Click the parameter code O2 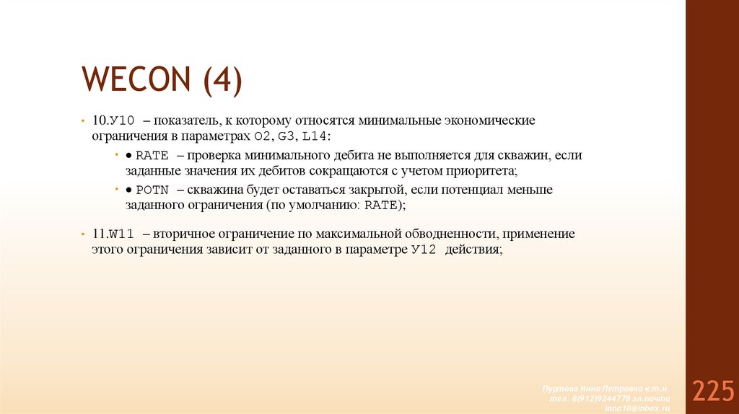[x=263, y=136]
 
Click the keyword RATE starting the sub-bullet [x=151, y=155]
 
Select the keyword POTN [x=151, y=190]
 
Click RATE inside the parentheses [x=380, y=206]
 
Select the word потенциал [x=468, y=190]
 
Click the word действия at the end [x=473, y=250]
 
